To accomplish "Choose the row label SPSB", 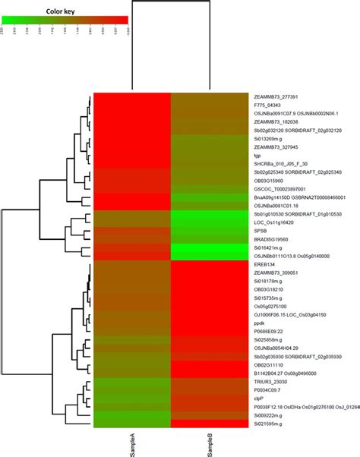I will pos(260,229).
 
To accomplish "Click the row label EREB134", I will pos(265,263).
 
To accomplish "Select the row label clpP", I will pos(259,399).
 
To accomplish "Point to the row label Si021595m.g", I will pos(272,425).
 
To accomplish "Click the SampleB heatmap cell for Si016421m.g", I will pos(211,247).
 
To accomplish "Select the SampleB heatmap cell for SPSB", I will pos(211,229).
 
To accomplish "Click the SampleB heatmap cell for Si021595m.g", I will pos(211,425).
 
